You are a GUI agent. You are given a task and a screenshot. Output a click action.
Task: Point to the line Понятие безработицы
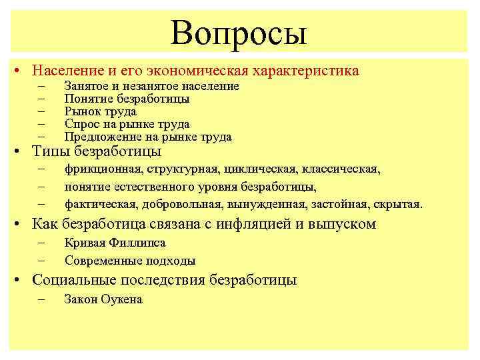(x=127, y=99)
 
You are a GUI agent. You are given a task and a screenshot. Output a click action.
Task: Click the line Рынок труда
(x=100, y=111)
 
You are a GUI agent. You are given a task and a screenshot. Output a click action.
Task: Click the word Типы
(x=52, y=151)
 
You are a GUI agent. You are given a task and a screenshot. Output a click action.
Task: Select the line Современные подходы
(x=130, y=261)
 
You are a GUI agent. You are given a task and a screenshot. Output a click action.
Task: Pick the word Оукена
(x=121, y=299)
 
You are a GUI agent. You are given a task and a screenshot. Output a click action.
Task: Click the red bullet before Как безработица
(x=22, y=224)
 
